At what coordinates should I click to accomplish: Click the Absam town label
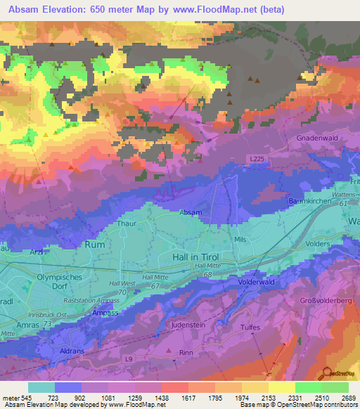[191, 212]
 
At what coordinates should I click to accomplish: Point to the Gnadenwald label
[318, 138]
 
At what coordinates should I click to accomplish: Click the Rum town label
[94, 245]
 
